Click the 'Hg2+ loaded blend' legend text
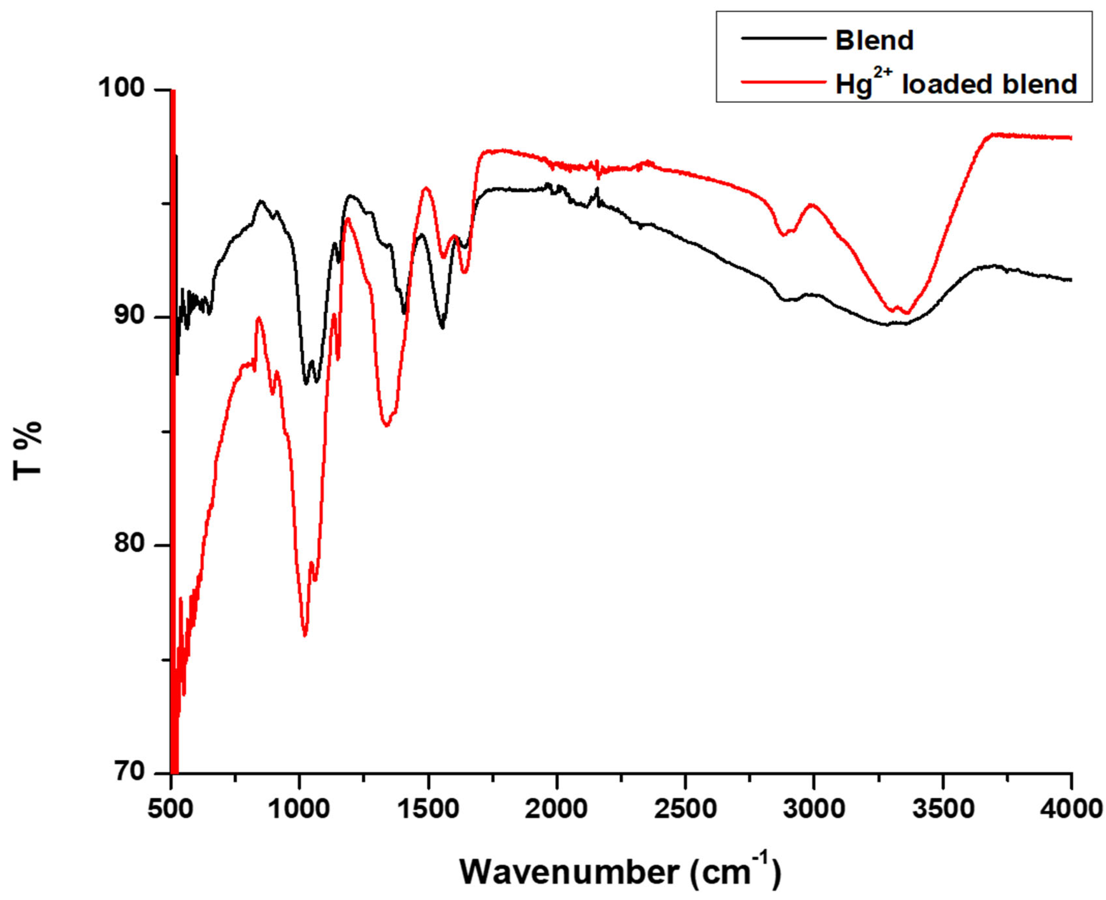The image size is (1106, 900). (955, 84)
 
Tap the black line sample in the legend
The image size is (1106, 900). (783, 38)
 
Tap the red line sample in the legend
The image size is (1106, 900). (783, 81)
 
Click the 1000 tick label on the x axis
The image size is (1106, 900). (300, 808)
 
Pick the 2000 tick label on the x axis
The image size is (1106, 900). (556, 808)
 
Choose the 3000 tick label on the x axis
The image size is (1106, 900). (814, 808)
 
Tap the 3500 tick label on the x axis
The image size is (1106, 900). (943, 808)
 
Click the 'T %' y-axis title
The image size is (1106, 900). (27, 451)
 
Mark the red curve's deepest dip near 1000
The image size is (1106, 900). (305, 635)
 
